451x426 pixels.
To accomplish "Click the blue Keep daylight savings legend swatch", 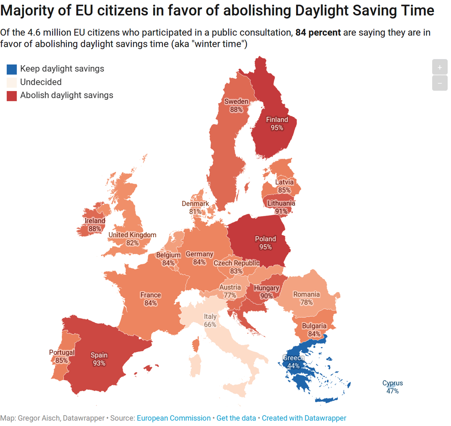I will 12,69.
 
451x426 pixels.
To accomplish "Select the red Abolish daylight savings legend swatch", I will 12,96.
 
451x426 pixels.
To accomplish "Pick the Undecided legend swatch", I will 12,82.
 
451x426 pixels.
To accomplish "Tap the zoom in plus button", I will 440,67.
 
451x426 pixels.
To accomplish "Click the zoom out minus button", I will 440,83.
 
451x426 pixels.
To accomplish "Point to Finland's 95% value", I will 277,128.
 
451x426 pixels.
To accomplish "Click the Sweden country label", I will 236,101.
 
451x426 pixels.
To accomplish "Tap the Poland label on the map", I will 266,239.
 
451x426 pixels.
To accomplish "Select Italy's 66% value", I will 210,325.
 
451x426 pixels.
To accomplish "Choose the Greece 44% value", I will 294,366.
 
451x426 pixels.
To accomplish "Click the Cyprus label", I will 393,383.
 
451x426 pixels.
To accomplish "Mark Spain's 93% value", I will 99,363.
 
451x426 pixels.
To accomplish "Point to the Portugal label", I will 62,352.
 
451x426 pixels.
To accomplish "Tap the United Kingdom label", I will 132,235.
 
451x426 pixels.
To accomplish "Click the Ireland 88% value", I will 95,228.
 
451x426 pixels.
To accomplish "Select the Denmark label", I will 195,204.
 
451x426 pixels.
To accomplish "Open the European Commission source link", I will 174,418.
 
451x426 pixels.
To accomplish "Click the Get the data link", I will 236,418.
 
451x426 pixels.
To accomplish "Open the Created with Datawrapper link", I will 304,418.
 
